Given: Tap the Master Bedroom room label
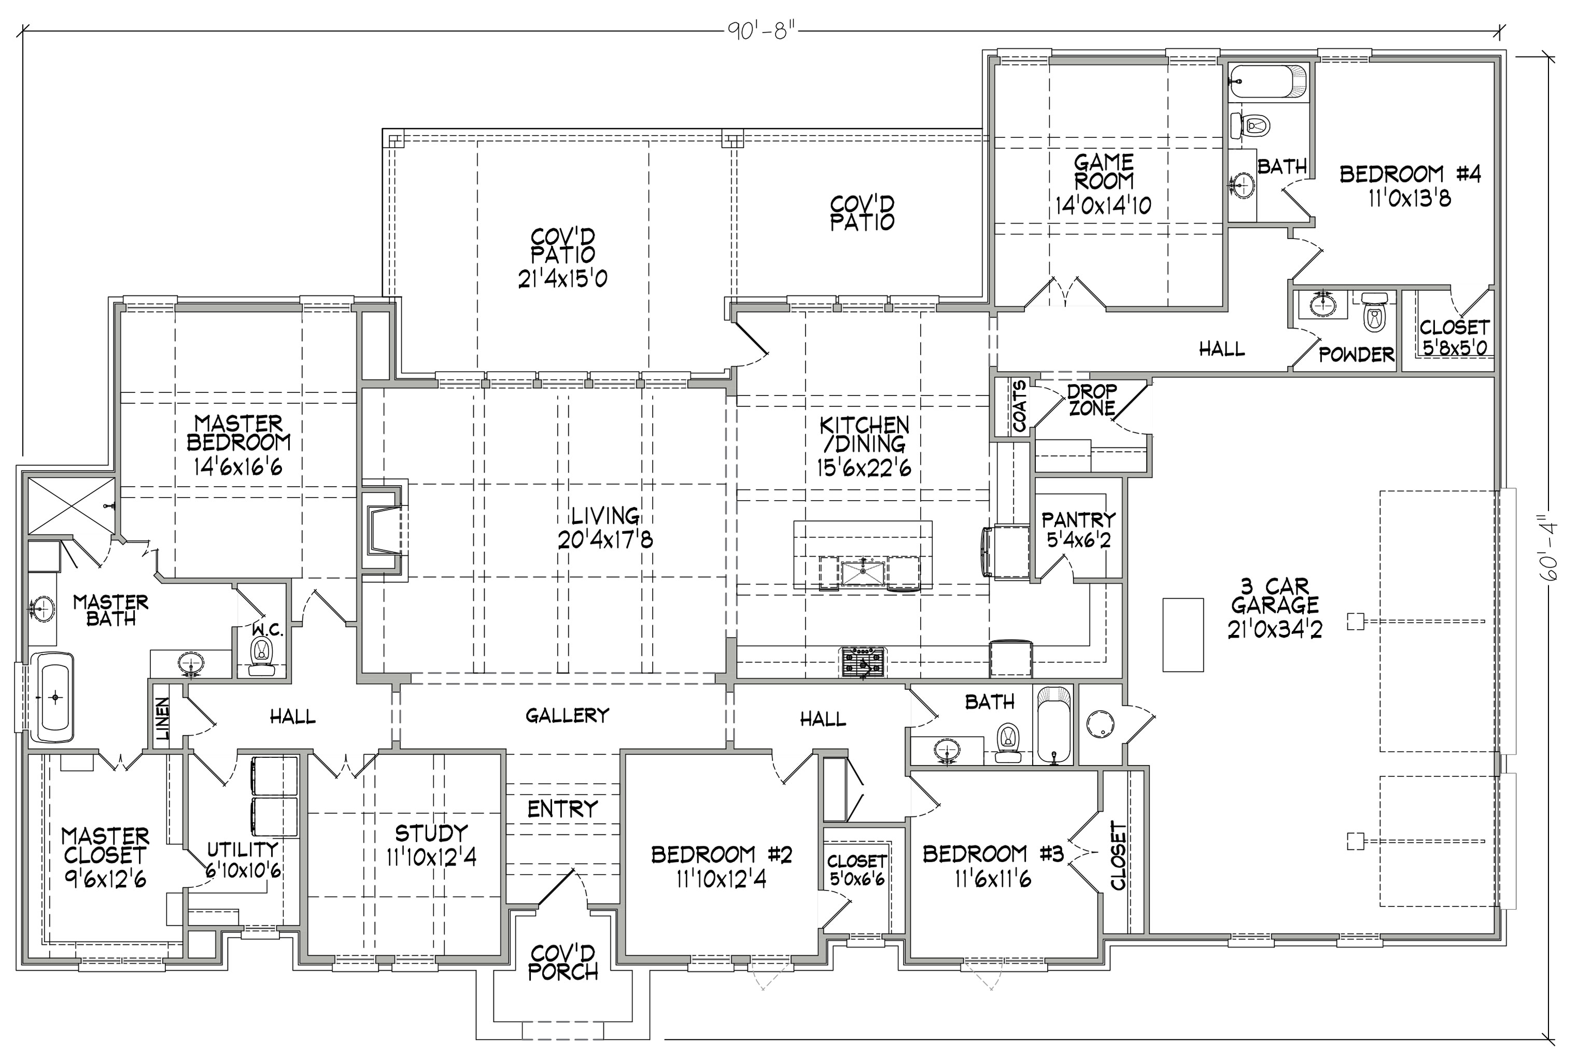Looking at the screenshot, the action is click(x=238, y=433).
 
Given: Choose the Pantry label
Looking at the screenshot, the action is click(x=1078, y=520).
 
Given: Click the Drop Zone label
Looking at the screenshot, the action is click(x=1092, y=400).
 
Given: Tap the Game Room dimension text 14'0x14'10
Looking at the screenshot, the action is click(x=1103, y=205).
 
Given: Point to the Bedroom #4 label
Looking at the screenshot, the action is click(x=1410, y=175).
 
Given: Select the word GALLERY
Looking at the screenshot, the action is click(x=567, y=715).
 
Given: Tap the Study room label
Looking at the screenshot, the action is click(x=431, y=832).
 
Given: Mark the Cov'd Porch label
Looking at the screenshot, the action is click(x=563, y=963).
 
